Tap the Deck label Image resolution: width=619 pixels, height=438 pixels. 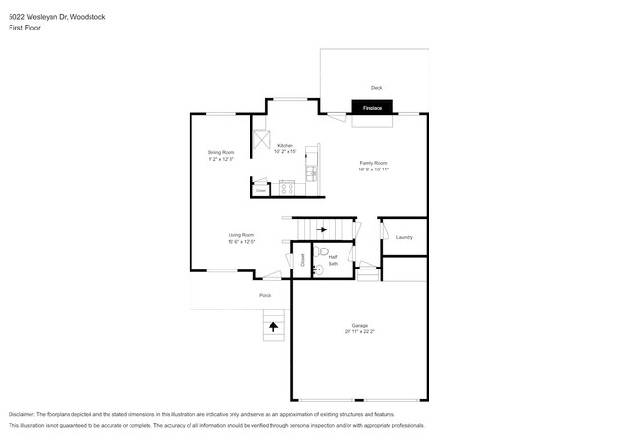pyautogui.click(x=377, y=87)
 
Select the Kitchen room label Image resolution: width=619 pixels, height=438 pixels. pyautogui.click(x=286, y=146)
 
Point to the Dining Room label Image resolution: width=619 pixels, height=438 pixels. pyautogui.click(x=220, y=152)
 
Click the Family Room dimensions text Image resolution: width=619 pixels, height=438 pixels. pyautogui.click(x=373, y=170)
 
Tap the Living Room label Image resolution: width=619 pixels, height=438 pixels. pyautogui.click(x=241, y=234)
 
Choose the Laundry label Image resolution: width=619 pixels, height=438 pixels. pyautogui.click(x=404, y=237)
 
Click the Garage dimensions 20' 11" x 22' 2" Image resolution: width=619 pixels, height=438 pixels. pyautogui.click(x=360, y=331)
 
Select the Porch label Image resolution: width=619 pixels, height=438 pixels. pyautogui.click(x=266, y=295)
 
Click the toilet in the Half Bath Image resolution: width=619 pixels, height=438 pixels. pyautogui.click(x=322, y=253)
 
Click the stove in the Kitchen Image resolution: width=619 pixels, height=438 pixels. pyautogui.click(x=288, y=189)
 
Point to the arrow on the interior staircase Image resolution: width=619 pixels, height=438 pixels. pyautogui.click(x=322, y=229)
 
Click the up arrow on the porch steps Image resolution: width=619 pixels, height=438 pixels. pyautogui.click(x=273, y=326)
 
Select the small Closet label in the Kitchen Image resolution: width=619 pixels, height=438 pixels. pyautogui.click(x=260, y=190)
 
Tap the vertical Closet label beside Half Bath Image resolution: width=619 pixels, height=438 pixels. pyautogui.click(x=302, y=258)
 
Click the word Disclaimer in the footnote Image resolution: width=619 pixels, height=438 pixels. pyautogui.click(x=25, y=415)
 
